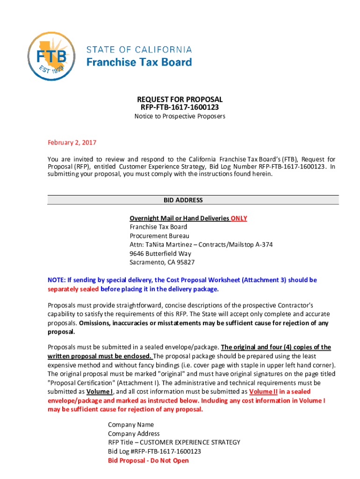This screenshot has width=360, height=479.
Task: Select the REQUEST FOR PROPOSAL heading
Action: [180, 100]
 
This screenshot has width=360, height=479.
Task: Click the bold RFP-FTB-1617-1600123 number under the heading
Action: [180, 108]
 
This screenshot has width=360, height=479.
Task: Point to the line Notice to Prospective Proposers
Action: [180, 116]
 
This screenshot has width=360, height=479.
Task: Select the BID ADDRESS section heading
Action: [183, 200]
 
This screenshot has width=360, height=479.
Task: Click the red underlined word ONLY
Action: [239, 218]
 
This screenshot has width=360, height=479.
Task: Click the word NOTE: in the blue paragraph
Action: [57, 280]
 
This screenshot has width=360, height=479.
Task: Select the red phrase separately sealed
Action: [73, 289]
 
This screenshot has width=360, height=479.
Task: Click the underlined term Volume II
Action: [262, 392]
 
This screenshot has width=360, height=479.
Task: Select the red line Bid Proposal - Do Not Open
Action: [148, 461]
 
